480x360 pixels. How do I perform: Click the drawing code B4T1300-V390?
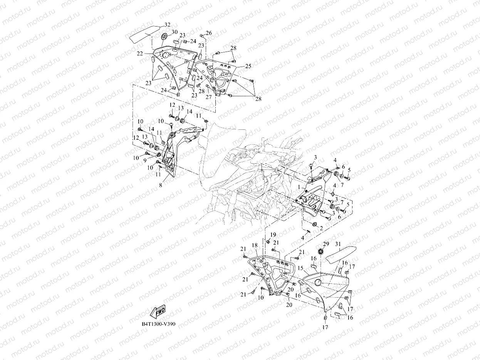tap(158, 324)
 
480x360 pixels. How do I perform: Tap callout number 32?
tap(167, 25)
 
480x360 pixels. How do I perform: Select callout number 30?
tap(175, 32)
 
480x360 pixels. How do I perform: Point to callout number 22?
tap(140, 54)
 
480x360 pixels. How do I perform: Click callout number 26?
tap(209, 33)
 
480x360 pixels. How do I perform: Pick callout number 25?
tap(248, 66)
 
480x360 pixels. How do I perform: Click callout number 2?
tap(321, 228)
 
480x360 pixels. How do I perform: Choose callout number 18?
tap(255, 245)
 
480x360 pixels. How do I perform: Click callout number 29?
tap(326, 244)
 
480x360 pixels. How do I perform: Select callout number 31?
tap(338, 244)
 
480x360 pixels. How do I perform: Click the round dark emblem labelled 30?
tap(164, 37)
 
